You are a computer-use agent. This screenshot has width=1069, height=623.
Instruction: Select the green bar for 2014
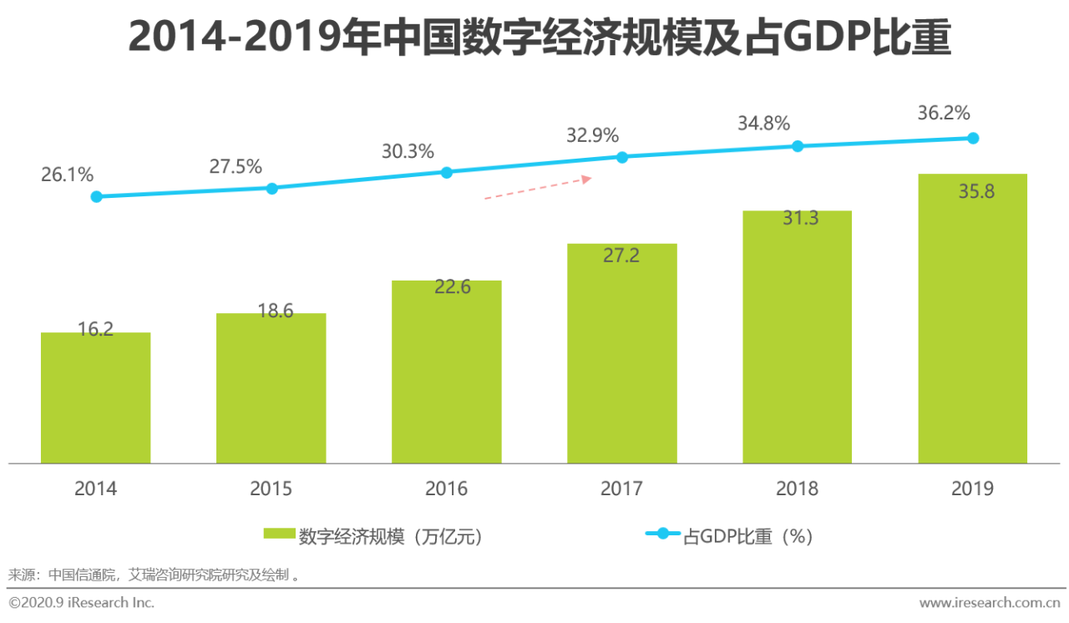click(x=95, y=398)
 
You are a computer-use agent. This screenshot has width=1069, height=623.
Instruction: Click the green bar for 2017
click(x=622, y=355)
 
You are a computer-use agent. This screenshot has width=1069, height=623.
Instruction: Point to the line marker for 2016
click(x=447, y=172)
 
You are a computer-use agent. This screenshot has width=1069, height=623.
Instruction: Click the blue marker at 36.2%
click(x=973, y=138)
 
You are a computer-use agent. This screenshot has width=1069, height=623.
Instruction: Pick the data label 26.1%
click(x=67, y=175)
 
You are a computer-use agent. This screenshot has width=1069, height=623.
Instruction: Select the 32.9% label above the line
click(x=592, y=134)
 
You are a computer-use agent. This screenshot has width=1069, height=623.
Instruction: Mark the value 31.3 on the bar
click(x=798, y=219)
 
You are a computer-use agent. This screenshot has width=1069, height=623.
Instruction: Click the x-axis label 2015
click(x=271, y=489)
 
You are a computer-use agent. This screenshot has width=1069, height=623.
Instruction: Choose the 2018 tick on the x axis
click(x=798, y=489)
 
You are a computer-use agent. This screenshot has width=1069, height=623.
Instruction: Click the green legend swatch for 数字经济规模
click(x=279, y=534)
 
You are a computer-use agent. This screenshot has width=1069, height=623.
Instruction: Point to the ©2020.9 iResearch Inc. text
click(x=81, y=602)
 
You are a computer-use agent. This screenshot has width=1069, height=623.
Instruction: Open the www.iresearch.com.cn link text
click(x=990, y=602)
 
